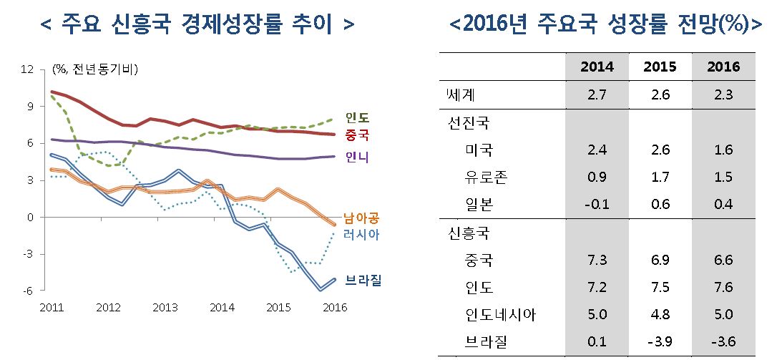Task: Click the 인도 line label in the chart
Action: (x=357, y=117)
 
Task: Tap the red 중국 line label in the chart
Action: (x=357, y=135)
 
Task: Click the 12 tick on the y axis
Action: (x=28, y=69)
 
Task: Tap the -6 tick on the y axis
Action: (x=28, y=291)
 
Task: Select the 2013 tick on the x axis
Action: (x=165, y=308)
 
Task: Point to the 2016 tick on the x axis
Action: (x=335, y=308)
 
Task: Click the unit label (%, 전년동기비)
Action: (x=95, y=69)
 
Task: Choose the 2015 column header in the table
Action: (x=660, y=67)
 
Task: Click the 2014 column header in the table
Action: (x=597, y=67)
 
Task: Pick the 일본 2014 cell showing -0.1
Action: (x=597, y=204)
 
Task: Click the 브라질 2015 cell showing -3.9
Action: (x=660, y=342)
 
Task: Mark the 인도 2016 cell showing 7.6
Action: (x=723, y=288)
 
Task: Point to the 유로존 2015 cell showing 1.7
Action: (x=660, y=177)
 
